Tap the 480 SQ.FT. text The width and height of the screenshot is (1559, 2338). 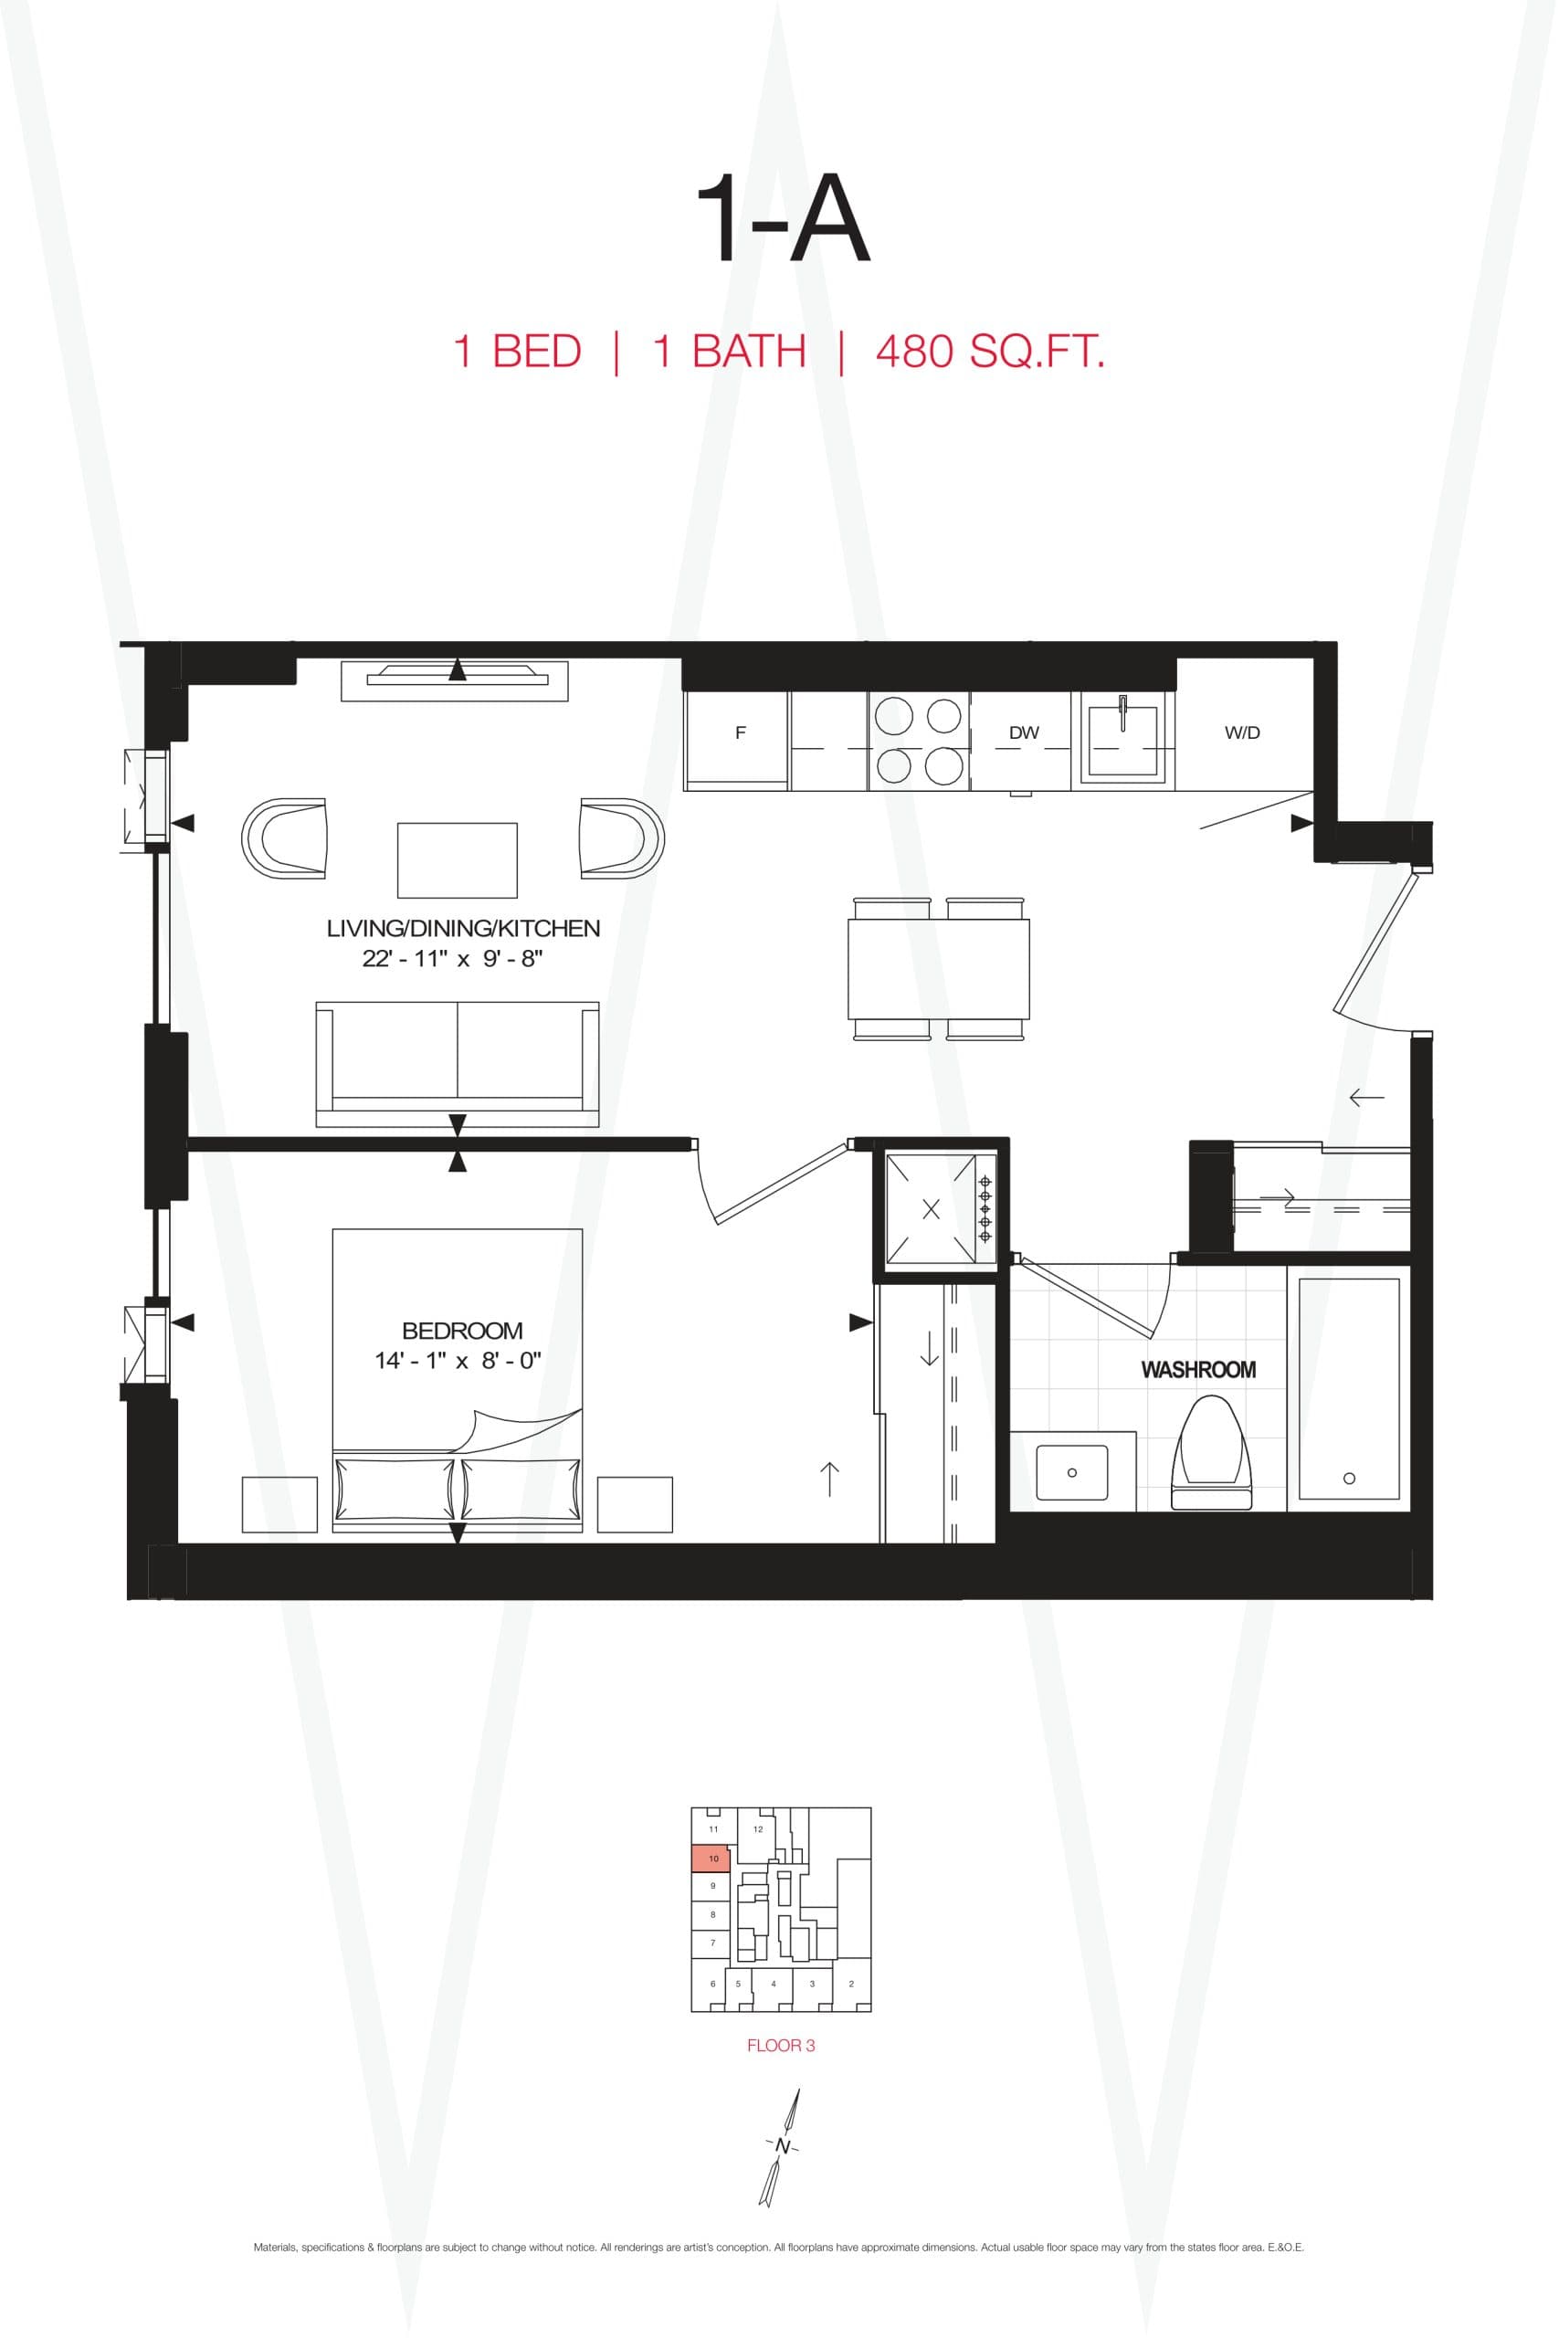tap(989, 352)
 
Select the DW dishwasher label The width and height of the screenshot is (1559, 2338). tap(1023, 732)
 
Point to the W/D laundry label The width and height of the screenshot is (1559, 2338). tap(1242, 732)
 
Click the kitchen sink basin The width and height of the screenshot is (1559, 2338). tap(1122, 741)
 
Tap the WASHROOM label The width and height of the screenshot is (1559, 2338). tap(1198, 1370)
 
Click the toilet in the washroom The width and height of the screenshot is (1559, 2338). tap(1210, 1453)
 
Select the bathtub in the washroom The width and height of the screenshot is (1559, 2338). tap(1348, 1389)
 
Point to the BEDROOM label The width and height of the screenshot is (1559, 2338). tap(462, 1330)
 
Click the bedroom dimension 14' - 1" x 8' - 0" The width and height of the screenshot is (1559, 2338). tap(458, 1361)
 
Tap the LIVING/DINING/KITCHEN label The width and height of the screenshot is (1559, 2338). tap(463, 929)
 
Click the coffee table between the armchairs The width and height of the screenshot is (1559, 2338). tap(458, 859)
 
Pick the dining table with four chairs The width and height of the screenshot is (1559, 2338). tap(938, 968)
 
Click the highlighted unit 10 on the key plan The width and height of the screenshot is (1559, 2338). tap(711, 1858)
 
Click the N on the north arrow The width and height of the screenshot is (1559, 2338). tap(783, 2146)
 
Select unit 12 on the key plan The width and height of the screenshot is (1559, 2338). tap(758, 1829)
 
